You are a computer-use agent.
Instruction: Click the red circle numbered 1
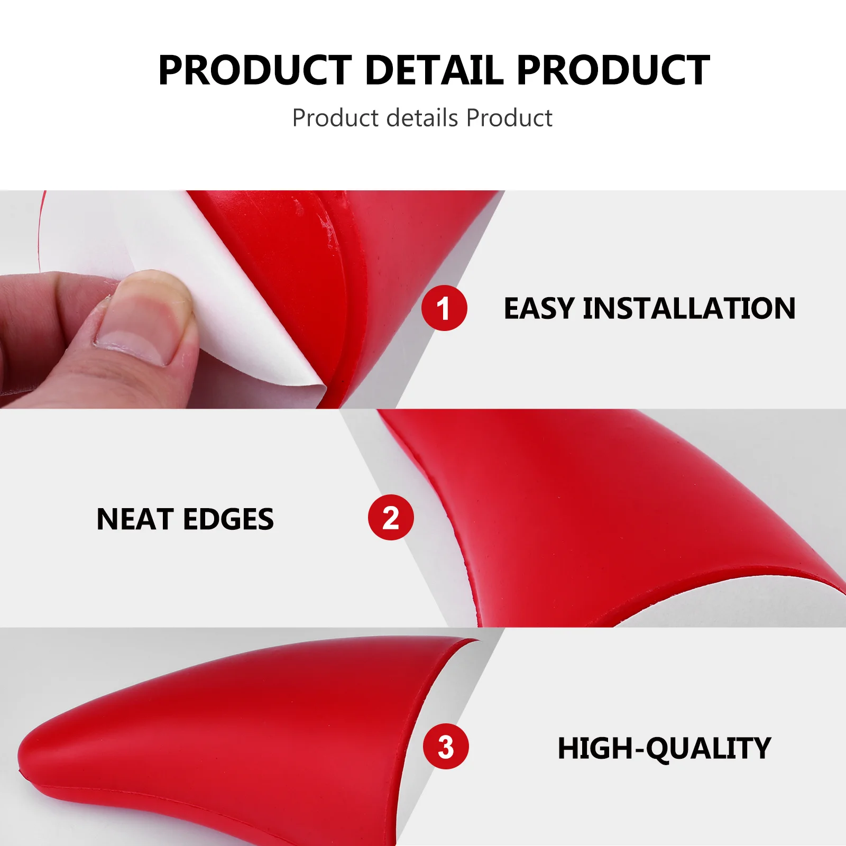pyautogui.click(x=444, y=308)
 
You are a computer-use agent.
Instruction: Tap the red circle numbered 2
pyautogui.click(x=391, y=517)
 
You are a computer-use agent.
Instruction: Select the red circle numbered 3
pyautogui.click(x=446, y=746)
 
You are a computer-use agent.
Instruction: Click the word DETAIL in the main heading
pyautogui.click(x=434, y=70)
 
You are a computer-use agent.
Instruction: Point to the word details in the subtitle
pyautogui.click(x=422, y=118)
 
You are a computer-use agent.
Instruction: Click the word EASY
pyautogui.click(x=539, y=308)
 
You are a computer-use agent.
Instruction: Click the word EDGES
pyautogui.click(x=228, y=519)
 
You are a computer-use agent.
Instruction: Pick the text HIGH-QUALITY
pyautogui.click(x=664, y=748)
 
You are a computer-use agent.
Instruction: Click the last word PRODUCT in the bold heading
pyautogui.click(x=613, y=70)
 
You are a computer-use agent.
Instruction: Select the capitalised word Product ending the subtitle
pyautogui.click(x=509, y=118)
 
